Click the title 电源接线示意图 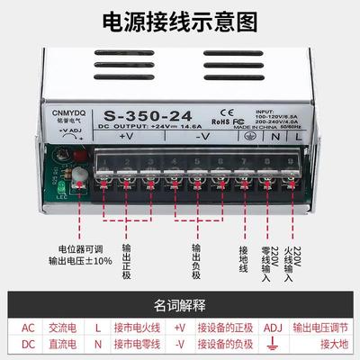click(180, 21)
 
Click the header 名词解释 click(180, 304)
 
